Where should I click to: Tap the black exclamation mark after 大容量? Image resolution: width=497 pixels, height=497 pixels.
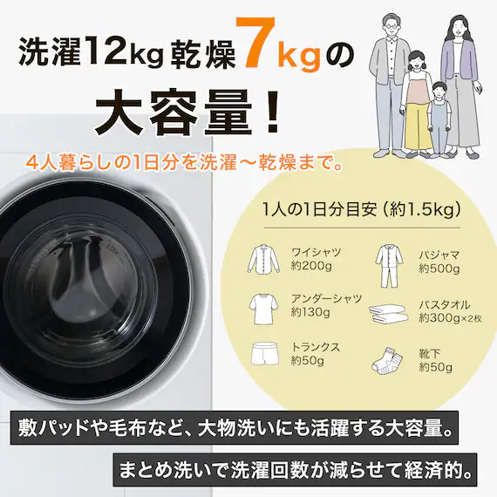272,112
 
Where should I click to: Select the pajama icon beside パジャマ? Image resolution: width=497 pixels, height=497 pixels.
389,266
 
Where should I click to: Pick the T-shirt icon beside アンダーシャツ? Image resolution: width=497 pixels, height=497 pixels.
263,309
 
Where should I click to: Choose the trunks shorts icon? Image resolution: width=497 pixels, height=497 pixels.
265,353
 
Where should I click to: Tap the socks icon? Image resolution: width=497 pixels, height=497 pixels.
387,360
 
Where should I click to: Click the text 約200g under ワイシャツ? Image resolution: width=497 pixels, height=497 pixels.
311,266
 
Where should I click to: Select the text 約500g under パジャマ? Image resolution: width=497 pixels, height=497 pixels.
439,269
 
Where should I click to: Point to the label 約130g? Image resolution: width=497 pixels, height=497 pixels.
310,312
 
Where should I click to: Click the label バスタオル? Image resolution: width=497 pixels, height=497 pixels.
445,304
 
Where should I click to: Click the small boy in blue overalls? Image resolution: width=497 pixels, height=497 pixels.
439,119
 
